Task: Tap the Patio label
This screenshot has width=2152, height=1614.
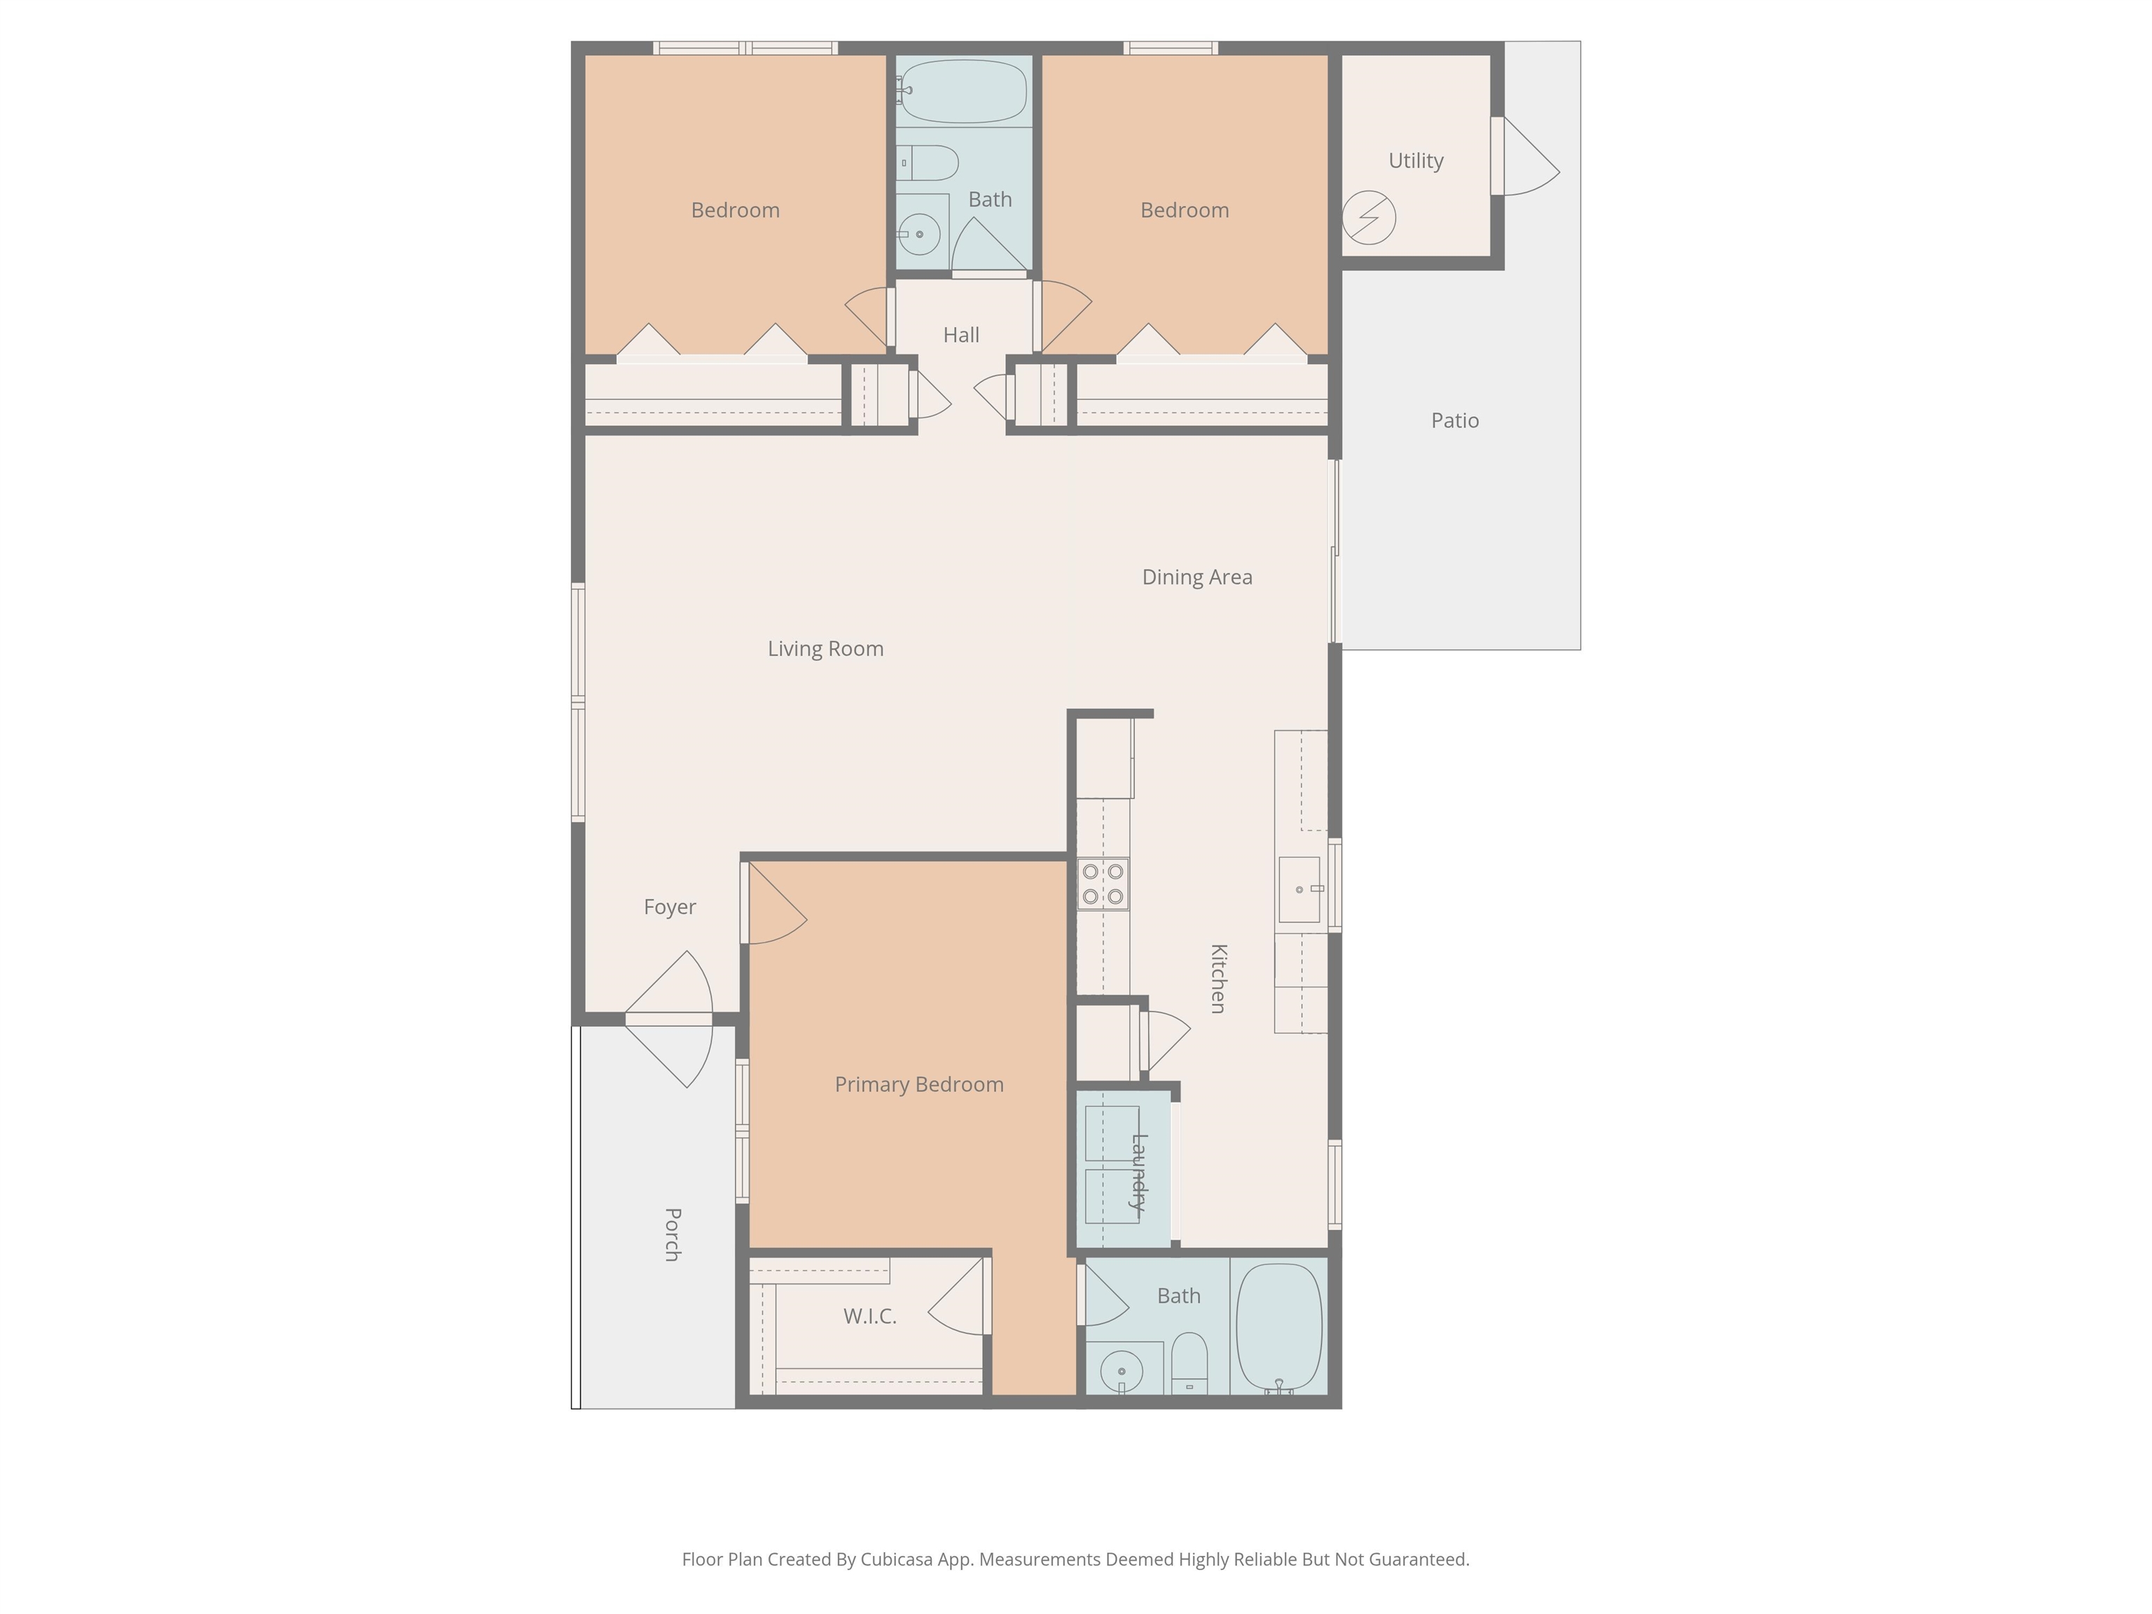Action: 1454,420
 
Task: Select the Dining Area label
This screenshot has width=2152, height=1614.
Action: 1196,577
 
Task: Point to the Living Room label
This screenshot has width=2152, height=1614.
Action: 825,649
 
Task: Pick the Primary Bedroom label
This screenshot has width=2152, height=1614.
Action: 918,1084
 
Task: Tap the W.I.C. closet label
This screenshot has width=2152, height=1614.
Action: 870,1316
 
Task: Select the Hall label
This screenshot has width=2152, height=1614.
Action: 961,335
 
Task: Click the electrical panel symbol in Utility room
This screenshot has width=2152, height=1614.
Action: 1369,217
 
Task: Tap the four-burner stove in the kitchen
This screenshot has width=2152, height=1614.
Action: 1103,883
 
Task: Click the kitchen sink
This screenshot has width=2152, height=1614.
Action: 1299,889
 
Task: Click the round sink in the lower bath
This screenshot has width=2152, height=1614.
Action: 1122,1372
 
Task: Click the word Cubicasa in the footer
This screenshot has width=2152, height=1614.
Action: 894,1559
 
